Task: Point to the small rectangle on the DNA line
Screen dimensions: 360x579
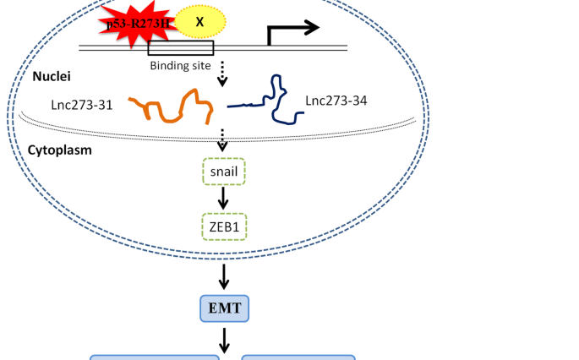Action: [x=181, y=48]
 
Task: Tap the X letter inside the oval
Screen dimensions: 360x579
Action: [x=199, y=21]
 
